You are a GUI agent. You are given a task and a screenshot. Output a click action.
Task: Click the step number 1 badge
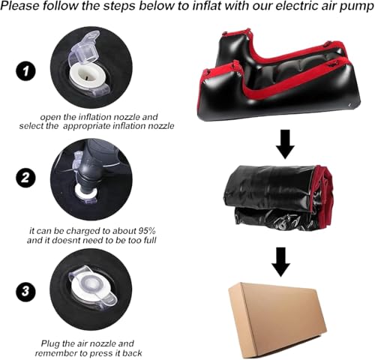[26, 72]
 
